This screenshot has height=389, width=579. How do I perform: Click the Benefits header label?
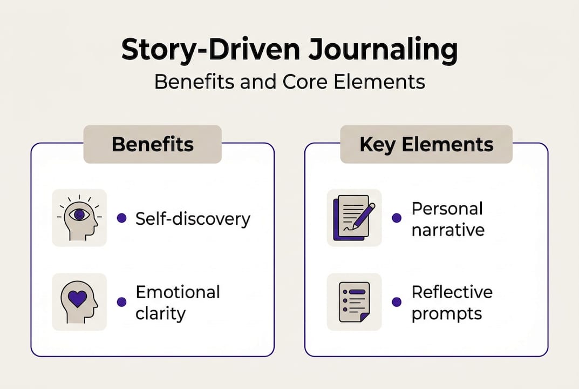coord(152,144)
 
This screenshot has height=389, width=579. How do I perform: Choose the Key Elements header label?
coord(426,144)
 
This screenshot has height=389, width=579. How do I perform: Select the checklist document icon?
coord(354,302)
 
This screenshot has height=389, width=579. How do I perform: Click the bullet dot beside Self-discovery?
coord(122,218)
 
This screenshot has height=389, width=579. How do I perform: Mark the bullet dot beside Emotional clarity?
coord(122,302)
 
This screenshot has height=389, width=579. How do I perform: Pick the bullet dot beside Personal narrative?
coord(397,218)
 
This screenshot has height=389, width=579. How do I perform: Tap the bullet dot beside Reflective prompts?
coord(397,302)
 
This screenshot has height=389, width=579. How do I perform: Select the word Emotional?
coord(178,292)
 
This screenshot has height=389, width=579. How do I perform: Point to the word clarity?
coord(160,313)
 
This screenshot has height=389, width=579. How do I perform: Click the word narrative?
coord(448,229)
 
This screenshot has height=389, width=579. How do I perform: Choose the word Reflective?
coord(452,292)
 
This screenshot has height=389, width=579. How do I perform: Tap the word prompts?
coord(446,313)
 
